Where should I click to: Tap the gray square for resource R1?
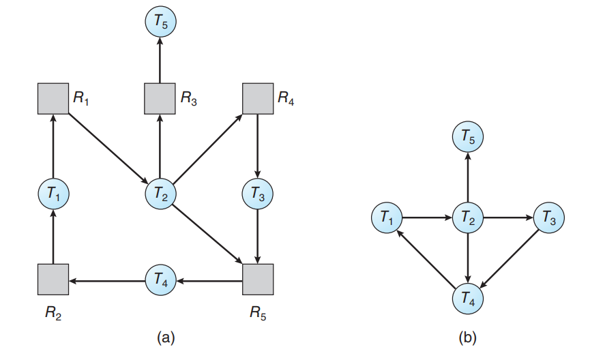coord(53,99)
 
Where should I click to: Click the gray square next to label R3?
coord(160,99)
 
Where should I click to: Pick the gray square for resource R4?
coord(257,99)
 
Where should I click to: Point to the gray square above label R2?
coord(53,279)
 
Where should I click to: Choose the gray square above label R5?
coord(257,279)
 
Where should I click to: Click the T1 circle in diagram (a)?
coord(53,194)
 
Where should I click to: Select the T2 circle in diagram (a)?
coord(160,194)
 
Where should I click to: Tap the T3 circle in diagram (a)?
coord(257,194)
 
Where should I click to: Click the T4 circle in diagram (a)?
coord(160,279)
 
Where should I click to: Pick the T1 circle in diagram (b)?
coord(386,219)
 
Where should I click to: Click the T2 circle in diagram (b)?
coord(467,219)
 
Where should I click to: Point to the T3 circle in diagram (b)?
coord(549,219)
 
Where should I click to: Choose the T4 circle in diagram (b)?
coord(467,299)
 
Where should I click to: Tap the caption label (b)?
coord(468,337)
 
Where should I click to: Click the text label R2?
coord(53,314)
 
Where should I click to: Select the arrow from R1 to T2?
coord(108,147)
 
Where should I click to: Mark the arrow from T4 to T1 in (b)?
coord(427,259)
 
